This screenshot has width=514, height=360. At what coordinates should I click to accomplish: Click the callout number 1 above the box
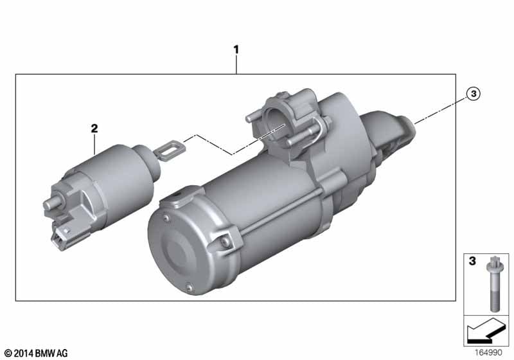(236, 50)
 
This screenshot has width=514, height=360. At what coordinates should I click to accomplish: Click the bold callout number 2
(94, 128)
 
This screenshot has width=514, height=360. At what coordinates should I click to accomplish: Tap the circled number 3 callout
(473, 94)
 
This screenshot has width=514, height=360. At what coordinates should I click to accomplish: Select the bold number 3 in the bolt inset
(472, 261)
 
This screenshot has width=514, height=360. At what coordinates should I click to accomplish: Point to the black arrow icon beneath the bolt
(486, 331)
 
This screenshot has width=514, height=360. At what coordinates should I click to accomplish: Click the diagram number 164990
(488, 352)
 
